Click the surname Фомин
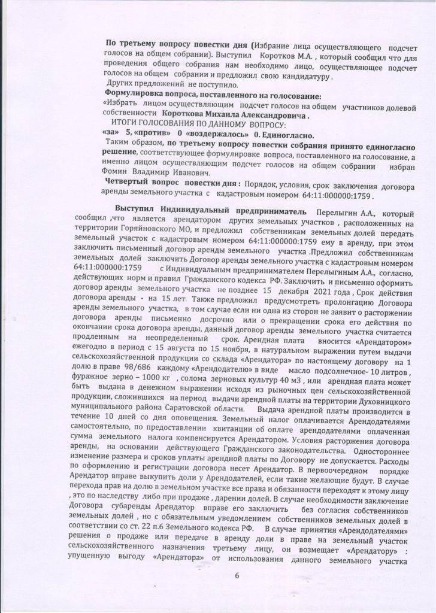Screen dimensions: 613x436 (x=115, y=171)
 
